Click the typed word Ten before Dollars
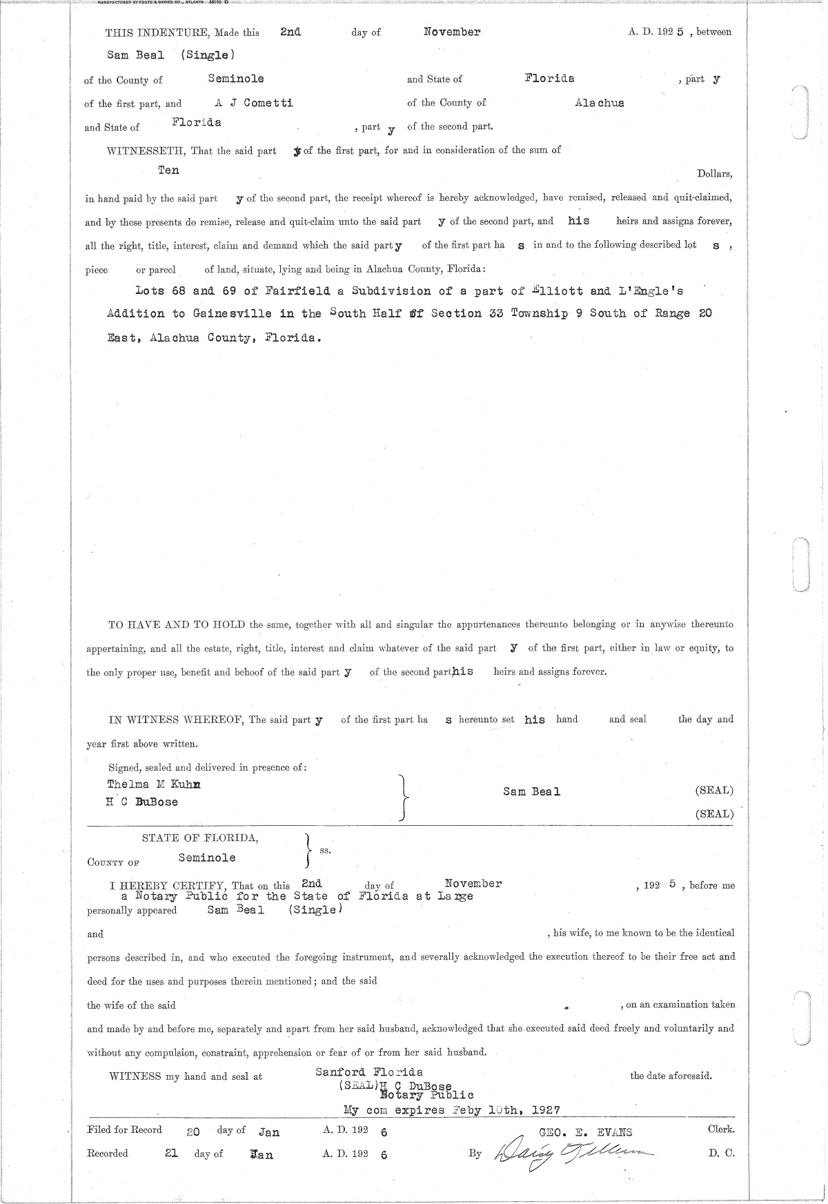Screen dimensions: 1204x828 [x=168, y=170]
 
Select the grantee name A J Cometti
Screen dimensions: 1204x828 [x=254, y=102]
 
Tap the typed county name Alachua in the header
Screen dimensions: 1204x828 [x=600, y=103]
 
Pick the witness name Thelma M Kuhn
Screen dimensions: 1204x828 [x=155, y=784]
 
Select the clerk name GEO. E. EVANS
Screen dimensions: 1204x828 [x=586, y=1132]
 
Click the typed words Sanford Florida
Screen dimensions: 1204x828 [x=369, y=1072]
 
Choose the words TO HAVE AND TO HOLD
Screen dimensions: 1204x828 [x=177, y=624]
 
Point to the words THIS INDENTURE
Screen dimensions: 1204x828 [x=157, y=32]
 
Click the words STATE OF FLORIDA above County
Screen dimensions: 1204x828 [x=200, y=838]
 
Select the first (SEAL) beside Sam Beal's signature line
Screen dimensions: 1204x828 [x=714, y=791]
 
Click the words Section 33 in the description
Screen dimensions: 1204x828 [x=469, y=314]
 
